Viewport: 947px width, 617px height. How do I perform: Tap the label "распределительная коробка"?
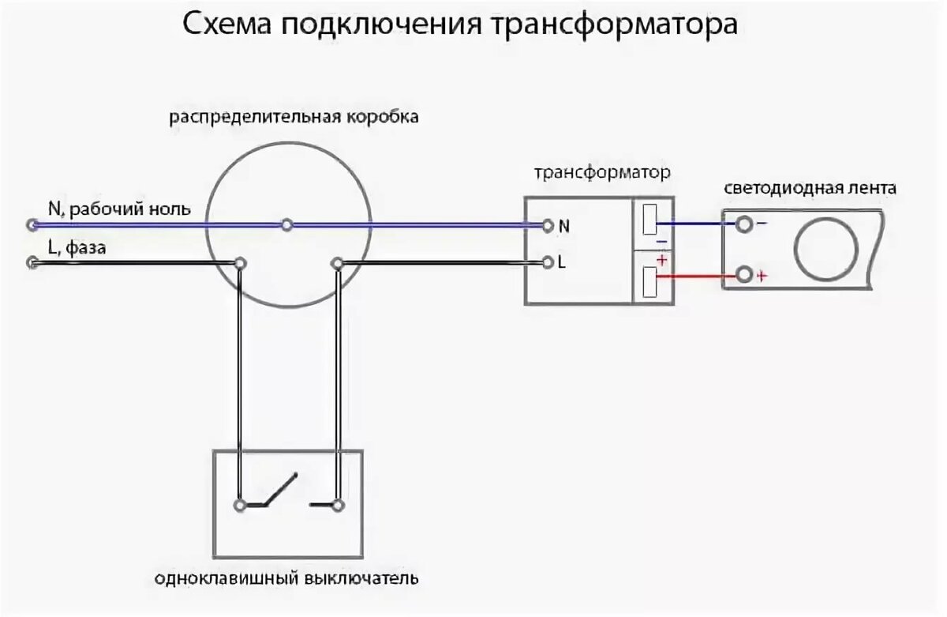[x=294, y=118]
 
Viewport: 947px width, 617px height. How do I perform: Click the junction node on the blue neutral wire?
[x=287, y=225]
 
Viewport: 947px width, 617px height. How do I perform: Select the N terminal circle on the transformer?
[x=547, y=226]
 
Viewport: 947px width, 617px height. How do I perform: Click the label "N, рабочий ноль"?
[x=119, y=209]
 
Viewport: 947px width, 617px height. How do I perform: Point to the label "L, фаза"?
[x=77, y=248]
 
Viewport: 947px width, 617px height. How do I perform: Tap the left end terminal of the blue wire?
[x=32, y=225]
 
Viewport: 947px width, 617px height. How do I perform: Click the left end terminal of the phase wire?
[x=32, y=263]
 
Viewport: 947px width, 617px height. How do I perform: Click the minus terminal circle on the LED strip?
[x=743, y=225]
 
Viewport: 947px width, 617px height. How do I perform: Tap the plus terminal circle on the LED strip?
[x=743, y=276]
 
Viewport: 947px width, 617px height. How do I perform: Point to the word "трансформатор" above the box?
[x=602, y=171]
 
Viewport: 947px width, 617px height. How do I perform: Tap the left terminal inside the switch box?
[x=239, y=503]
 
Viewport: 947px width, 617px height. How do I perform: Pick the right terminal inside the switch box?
[x=338, y=504]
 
